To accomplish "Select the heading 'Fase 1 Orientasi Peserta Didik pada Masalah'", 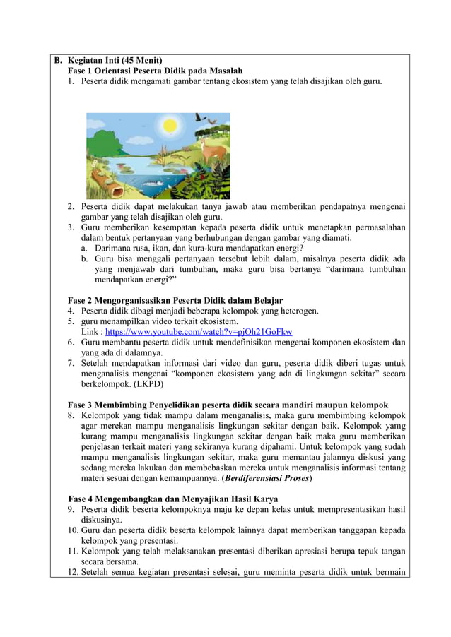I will [155, 71].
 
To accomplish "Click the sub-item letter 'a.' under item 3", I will [84, 248].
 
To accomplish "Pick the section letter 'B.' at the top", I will [59, 59].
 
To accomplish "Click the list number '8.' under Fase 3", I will [72, 415].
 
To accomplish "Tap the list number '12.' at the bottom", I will [73, 573].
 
